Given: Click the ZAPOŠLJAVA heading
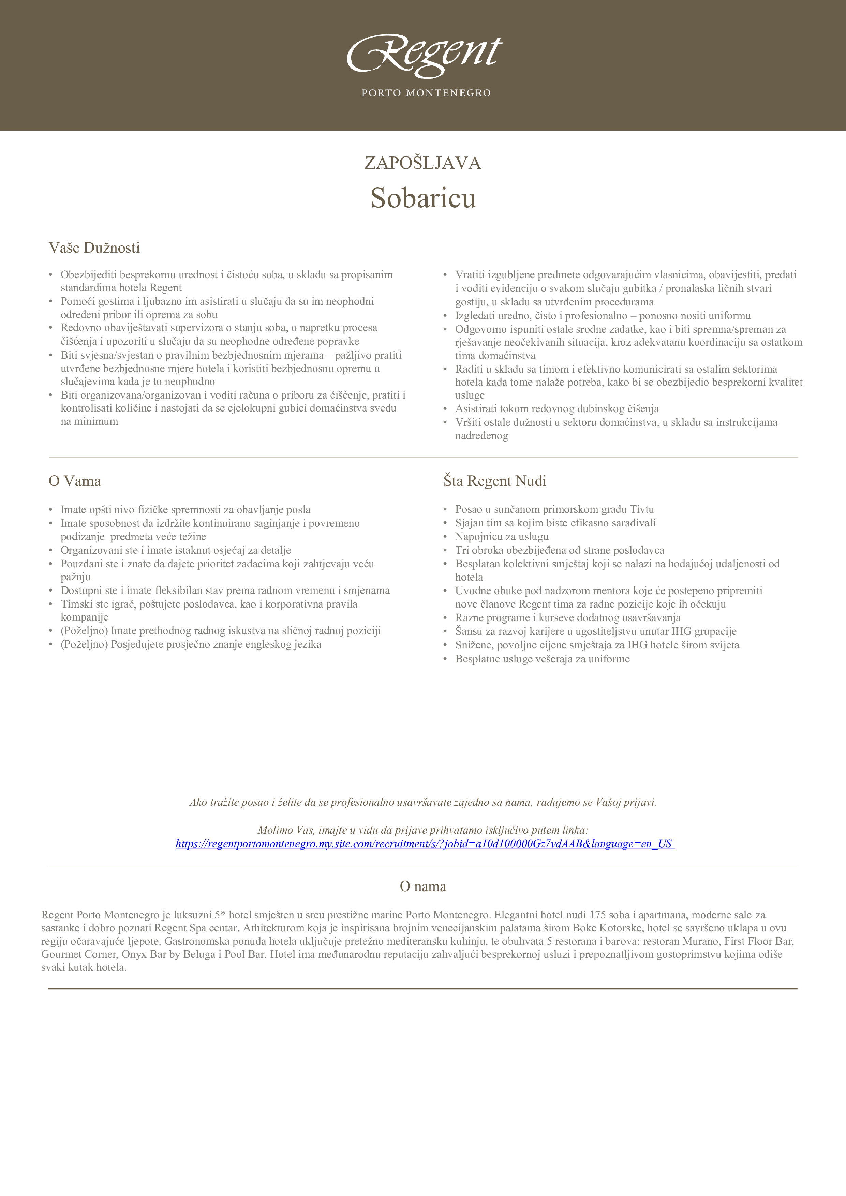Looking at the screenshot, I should pyautogui.click(x=422, y=163).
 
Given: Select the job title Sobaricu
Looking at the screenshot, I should pyautogui.click(x=423, y=198).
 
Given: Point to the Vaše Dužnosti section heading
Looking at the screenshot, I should pyautogui.click(x=94, y=248).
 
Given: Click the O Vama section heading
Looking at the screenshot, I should pyautogui.click(x=75, y=481).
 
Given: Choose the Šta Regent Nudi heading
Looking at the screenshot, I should pyautogui.click(x=495, y=481).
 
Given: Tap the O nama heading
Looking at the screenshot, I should pyautogui.click(x=422, y=886).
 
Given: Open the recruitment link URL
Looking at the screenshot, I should pyautogui.click(x=424, y=843).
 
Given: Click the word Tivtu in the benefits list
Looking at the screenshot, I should pyautogui.click(x=642, y=509).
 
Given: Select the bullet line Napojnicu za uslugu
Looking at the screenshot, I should pyautogui.click(x=502, y=537).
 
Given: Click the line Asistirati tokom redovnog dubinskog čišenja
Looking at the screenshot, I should pyautogui.click(x=557, y=409).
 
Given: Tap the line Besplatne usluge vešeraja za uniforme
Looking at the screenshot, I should pyautogui.click(x=542, y=659).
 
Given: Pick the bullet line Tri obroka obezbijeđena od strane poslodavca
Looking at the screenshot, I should pyautogui.click(x=560, y=550).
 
